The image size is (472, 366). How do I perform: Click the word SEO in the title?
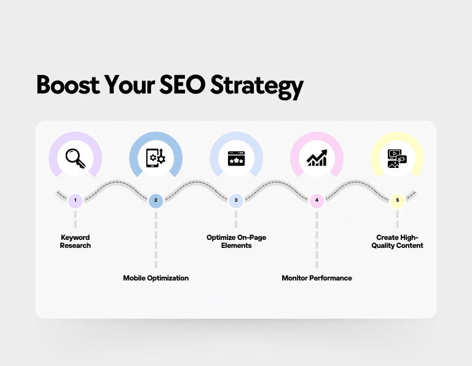(x=182, y=85)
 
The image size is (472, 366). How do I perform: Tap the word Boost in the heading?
(x=68, y=85)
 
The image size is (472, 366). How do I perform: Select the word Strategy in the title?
(x=256, y=87)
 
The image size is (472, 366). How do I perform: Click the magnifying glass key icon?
(x=76, y=158)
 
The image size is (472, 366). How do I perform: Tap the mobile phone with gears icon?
(x=155, y=158)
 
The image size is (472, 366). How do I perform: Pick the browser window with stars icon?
(x=236, y=159)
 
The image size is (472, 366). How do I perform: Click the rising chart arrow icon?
(x=317, y=158)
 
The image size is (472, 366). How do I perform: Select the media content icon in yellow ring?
(x=397, y=159)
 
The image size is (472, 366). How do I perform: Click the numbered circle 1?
(x=75, y=201)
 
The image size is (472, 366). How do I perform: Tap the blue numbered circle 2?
(x=155, y=201)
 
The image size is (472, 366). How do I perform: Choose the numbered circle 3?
(x=236, y=201)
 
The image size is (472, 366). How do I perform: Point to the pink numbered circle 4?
(x=317, y=201)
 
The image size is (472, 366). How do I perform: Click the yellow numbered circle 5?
(x=398, y=201)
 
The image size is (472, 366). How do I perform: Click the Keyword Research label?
(x=75, y=242)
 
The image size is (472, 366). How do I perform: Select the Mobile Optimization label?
(x=155, y=278)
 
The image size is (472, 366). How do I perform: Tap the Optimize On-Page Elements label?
(x=236, y=242)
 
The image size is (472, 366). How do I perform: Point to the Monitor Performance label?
(x=317, y=278)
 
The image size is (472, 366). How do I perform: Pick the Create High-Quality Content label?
(x=398, y=242)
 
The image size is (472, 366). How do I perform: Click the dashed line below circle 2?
(x=155, y=240)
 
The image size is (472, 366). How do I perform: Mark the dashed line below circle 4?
(x=317, y=240)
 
